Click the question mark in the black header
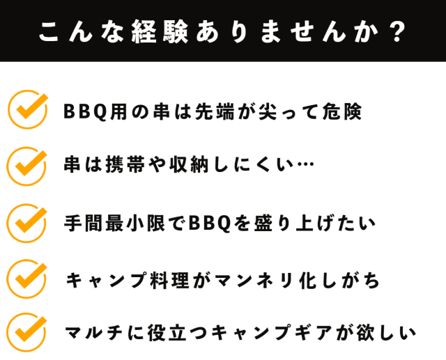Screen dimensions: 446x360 tap(398, 31)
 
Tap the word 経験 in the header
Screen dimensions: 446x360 tap(160, 31)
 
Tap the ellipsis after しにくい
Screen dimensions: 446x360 tap(305, 164)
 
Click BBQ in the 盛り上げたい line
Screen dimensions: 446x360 tap(209, 224)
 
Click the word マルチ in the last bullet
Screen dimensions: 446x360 tap(93, 332)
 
